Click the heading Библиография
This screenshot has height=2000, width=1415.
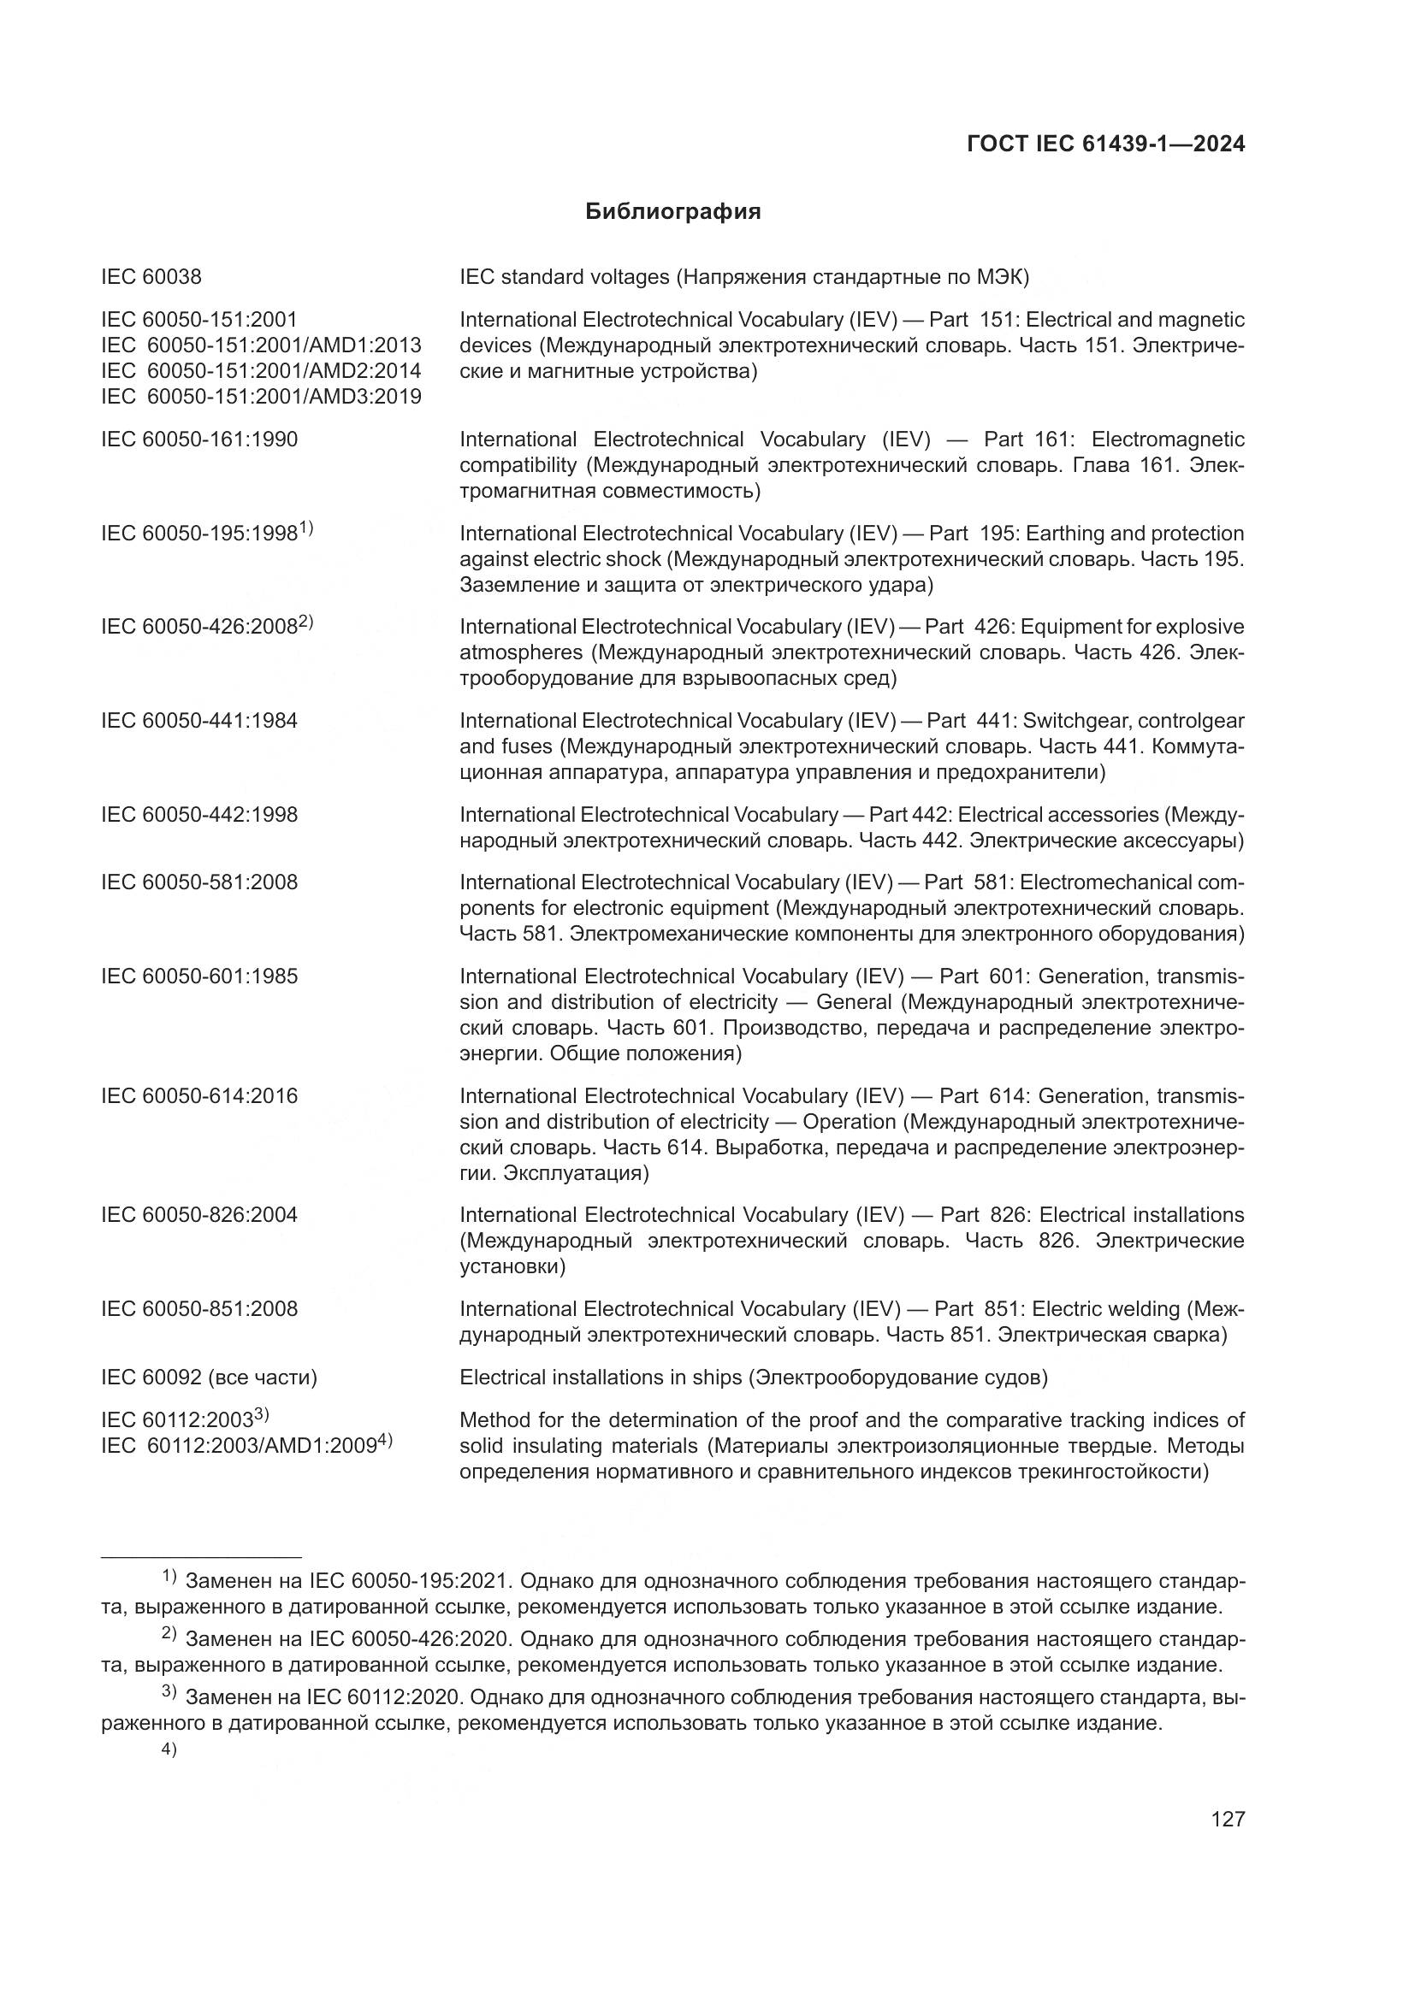point(672,212)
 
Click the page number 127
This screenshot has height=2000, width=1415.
point(1228,1819)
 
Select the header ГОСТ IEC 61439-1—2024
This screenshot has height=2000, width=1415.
point(1105,144)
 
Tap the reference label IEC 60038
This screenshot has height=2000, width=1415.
point(151,277)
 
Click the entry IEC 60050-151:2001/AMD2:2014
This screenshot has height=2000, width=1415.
point(261,371)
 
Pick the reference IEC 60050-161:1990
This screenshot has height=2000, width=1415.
point(198,439)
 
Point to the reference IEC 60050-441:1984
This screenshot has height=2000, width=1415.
point(198,720)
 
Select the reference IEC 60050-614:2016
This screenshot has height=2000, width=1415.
point(198,1096)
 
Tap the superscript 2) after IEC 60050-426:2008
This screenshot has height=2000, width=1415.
point(305,622)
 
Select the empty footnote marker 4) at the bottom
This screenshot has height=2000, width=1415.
point(169,1751)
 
